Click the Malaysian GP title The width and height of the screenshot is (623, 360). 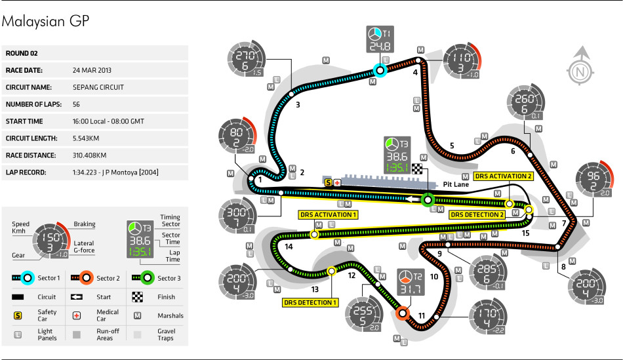[x=45, y=22]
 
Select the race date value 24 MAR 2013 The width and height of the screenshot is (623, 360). [x=92, y=70]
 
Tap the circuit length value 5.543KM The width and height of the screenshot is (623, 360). [x=86, y=138]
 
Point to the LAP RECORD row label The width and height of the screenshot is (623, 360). [x=26, y=172]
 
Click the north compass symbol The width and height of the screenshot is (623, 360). [x=580, y=66]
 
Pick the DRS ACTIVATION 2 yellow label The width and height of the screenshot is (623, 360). [x=503, y=176]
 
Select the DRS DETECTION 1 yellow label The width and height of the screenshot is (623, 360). [x=310, y=302]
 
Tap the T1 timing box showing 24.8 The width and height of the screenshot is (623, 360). [x=380, y=39]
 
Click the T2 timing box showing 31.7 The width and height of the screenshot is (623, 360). [x=411, y=283]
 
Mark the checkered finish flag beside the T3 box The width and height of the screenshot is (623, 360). [x=417, y=169]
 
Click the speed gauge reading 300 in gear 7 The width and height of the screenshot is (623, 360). [x=237, y=216]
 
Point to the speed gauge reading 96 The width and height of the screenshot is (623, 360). [x=595, y=180]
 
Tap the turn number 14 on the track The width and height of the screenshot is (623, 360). [x=289, y=247]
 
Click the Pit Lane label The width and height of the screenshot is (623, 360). [x=456, y=184]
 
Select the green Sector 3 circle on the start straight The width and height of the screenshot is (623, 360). [x=428, y=200]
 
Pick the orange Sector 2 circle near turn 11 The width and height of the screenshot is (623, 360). [x=403, y=313]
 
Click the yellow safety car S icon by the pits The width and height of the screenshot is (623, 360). [x=328, y=183]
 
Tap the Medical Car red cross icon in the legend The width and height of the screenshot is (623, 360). [x=77, y=315]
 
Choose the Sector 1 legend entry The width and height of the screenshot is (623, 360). [x=36, y=278]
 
